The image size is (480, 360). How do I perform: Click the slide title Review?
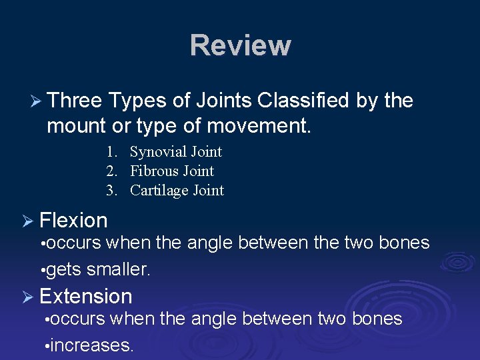pyautogui.click(x=240, y=46)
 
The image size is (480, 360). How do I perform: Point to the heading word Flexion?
pyautogui.click(x=73, y=220)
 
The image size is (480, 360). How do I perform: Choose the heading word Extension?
pyautogui.click(x=86, y=296)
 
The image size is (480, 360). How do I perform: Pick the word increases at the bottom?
pyautogui.click(x=93, y=345)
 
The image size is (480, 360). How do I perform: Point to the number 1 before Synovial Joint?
pyautogui.click(x=111, y=152)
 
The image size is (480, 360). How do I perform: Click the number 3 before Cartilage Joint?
pyautogui.click(x=111, y=191)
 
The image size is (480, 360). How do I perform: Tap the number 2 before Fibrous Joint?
pyautogui.click(x=111, y=171)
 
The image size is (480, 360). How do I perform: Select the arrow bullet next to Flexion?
pyautogui.click(x=28, y=221)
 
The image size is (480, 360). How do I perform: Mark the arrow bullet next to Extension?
pyautogui.click(x=28, y=297)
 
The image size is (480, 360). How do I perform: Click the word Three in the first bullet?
pyautogui.click(x=74, y=101)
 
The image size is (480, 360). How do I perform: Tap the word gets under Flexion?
pyautogui.click(x=64, y=269)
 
